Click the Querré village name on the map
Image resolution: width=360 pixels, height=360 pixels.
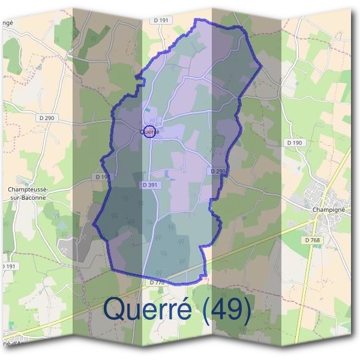149,131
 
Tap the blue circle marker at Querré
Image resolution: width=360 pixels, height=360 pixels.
150,132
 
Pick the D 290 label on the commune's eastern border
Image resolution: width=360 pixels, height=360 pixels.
218,172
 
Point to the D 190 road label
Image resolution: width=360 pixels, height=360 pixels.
294,143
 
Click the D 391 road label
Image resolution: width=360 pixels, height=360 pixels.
149,185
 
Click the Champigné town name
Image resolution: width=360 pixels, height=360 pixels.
328,210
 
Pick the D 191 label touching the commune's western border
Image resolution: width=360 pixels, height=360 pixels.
102,176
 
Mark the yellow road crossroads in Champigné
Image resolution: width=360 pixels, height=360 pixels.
316,220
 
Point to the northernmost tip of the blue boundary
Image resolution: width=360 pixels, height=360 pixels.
196,19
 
